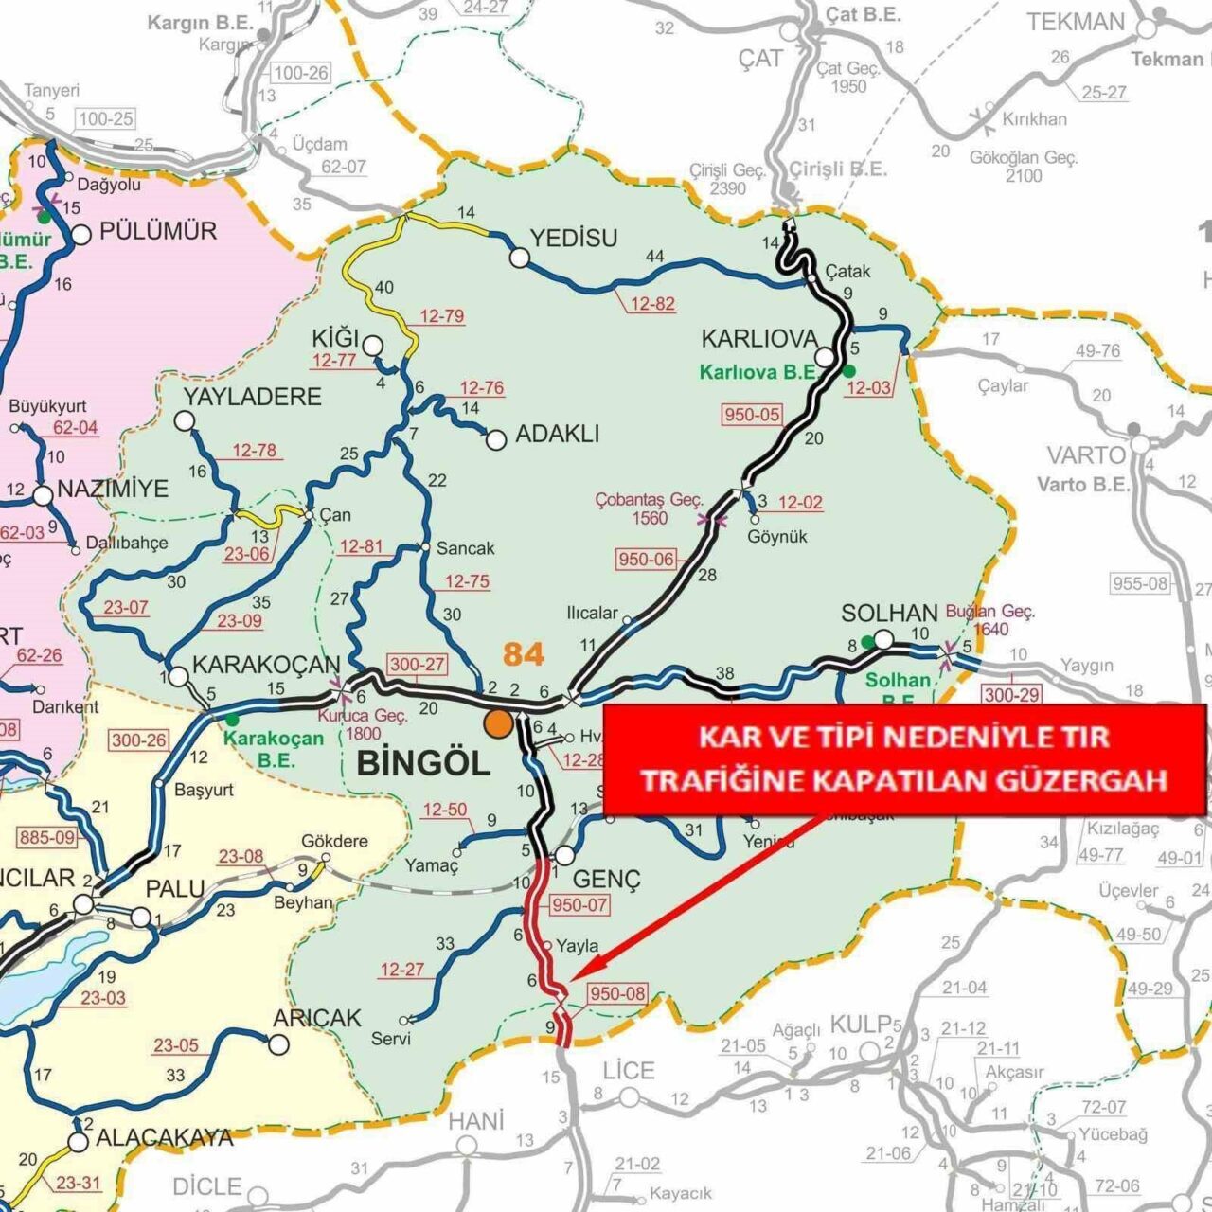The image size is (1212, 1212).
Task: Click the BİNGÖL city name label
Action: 422,763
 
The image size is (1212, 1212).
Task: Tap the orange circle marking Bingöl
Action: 498,723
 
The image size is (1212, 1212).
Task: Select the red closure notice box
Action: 903,758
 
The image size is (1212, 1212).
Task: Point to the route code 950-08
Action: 616,994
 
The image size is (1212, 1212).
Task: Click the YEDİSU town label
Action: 574,238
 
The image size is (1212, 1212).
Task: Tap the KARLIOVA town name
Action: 758,339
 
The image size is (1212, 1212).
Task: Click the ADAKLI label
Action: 557,435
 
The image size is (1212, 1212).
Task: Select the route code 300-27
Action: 417,664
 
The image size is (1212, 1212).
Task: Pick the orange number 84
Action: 524,654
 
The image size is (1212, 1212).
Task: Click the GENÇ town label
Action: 607,880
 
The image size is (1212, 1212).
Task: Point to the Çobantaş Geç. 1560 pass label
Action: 650,508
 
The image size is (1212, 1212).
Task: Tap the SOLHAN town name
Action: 888,614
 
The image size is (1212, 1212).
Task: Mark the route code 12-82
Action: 651,304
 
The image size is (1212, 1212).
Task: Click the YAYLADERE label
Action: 253,396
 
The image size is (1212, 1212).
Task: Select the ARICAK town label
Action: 317,1018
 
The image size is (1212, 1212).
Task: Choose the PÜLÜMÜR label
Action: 158,230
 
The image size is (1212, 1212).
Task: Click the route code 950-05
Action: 752,415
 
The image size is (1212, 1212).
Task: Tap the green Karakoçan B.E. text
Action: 275,748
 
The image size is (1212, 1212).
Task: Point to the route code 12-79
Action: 441,315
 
